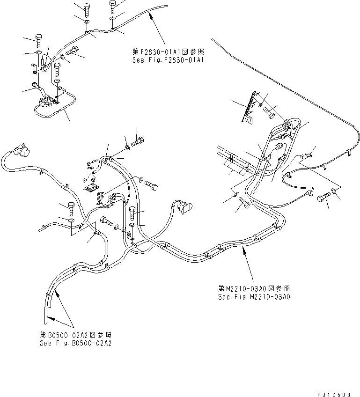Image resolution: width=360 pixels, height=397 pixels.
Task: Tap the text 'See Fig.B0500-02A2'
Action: coord(76,343)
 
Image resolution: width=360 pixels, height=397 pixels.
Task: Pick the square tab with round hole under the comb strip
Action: coord(248,120)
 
